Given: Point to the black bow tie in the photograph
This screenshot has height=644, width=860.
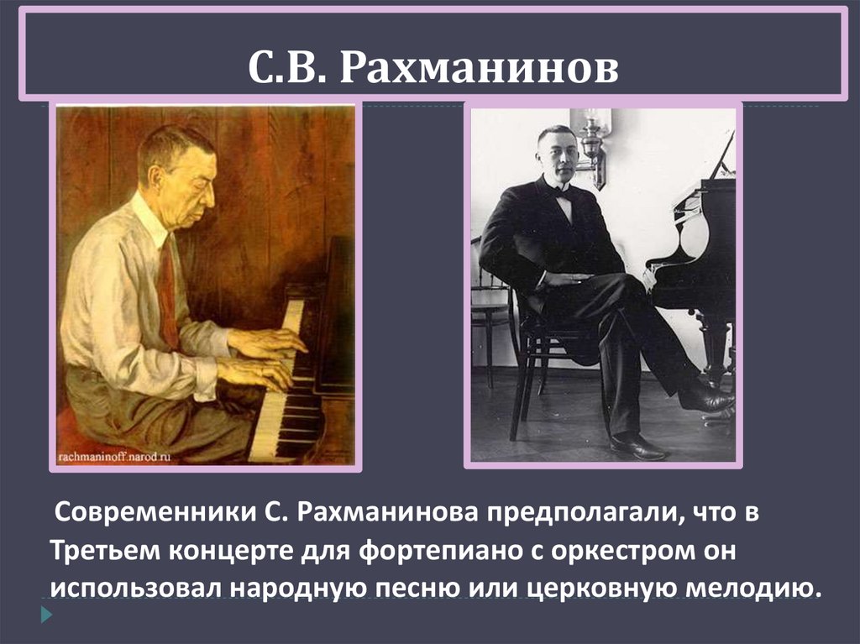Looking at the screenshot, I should coord(562,192).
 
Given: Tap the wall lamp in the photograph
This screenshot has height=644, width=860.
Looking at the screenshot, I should coord(594,143).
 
